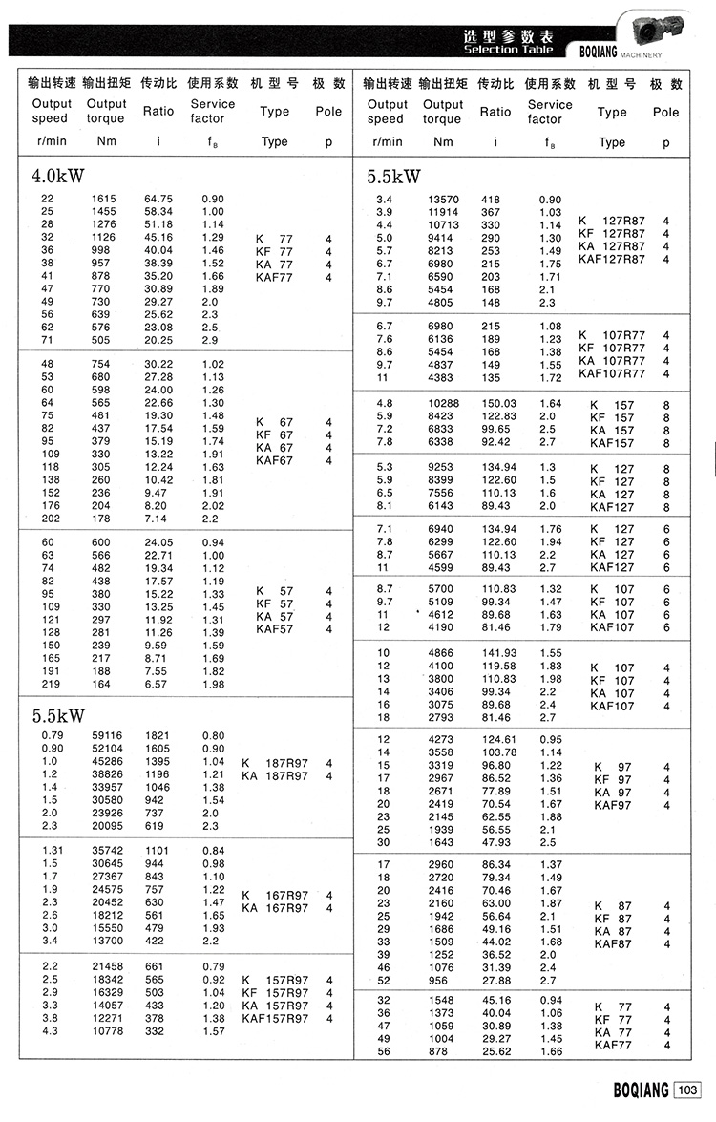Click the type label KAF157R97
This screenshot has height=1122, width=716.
coord(275,1019)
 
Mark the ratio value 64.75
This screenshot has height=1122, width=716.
coord(158,199)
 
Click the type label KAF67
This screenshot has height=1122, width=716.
coord(275,461)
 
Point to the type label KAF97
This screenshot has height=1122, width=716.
coord(612,805)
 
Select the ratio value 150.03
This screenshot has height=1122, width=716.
coord(496,404)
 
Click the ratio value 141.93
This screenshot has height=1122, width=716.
coord(496,652)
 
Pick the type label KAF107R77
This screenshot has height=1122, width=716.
coord(618,373)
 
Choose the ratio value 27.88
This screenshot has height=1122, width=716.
coord(496,981)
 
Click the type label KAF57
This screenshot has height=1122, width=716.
coord(275,629)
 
